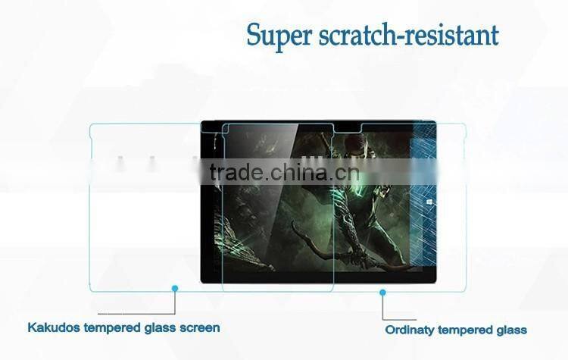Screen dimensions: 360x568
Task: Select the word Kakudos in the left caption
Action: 53,328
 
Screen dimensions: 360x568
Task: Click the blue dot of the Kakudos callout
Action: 175,288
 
